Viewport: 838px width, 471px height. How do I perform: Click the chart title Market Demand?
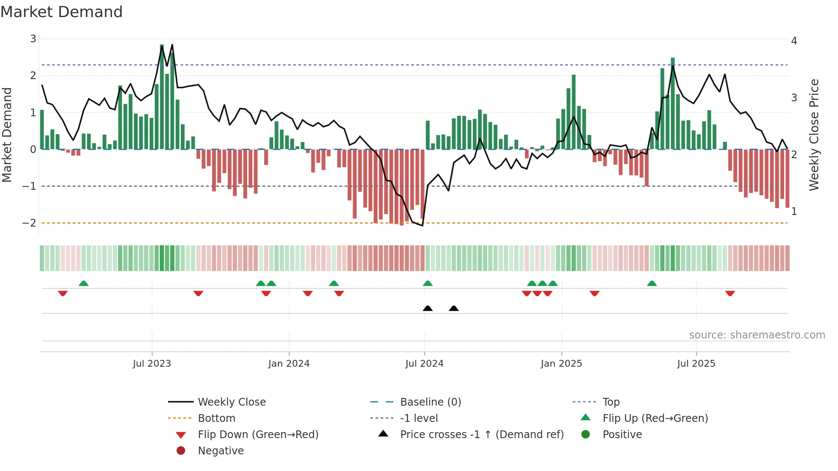click(62, 12)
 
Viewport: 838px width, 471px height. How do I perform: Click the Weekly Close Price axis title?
click(814, 135)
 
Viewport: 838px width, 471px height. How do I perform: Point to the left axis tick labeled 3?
click(33, 39)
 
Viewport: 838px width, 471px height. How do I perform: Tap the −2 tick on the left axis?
click(30, 223)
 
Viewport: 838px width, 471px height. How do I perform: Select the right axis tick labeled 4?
click(794, 41)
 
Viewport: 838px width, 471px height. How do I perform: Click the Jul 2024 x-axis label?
click(424, 364)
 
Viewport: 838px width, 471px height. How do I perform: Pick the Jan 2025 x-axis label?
click(561, 364)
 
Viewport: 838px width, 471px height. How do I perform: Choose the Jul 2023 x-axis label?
click(152, 364)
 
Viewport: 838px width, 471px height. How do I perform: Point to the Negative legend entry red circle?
click(181, 451)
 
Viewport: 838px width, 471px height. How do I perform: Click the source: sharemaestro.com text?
click(757, 335)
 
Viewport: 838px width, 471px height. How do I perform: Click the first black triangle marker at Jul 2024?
click(428, 308)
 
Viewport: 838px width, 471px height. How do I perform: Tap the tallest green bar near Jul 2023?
click(162, 97)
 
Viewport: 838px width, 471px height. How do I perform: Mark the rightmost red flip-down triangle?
click(730, 293)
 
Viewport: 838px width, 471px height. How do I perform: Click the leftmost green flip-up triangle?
click(84, 283)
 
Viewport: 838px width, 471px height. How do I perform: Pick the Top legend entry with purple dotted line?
click(611, 402)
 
